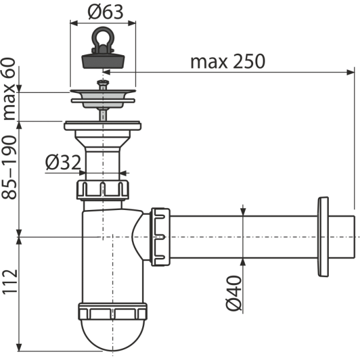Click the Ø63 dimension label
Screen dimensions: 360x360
click(106, 12)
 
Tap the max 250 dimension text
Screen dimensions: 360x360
click(228, 61)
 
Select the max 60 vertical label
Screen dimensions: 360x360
click(9, 89)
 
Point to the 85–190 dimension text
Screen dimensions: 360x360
click(9, 167)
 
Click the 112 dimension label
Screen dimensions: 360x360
click(10, 281)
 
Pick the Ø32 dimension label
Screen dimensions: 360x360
click(63, 163)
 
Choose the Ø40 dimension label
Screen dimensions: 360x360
click(234, 293)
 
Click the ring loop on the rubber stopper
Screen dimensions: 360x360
click(103, 38)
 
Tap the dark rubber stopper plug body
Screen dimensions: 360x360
click(103, 61)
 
